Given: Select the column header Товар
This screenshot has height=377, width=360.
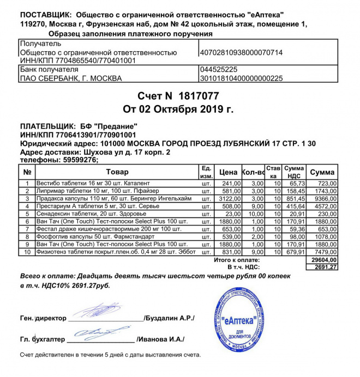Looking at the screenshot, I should pyautogui.click(x=116, y=172).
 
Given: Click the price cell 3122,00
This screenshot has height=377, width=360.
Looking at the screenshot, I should pyautogui.click(x=229, y=199).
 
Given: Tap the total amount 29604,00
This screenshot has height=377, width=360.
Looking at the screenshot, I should pyautogui.click(x=323, y=260).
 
